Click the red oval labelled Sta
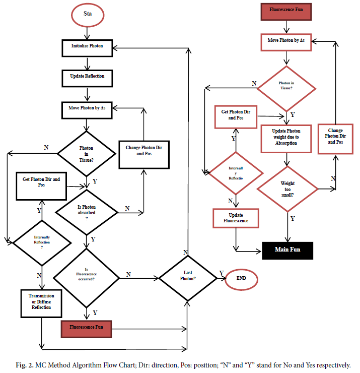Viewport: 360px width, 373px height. pos(88,15)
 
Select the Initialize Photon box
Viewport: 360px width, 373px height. pos(88,46)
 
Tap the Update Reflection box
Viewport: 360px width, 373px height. pos(88,77)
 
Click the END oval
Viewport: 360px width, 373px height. pos(241,279)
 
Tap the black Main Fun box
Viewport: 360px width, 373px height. pos(287,250)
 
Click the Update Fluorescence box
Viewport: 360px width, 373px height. pos(236,218)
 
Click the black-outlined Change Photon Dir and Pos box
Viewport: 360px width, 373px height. pos(143,150)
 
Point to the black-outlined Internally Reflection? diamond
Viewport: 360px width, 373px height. pos(42,242)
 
